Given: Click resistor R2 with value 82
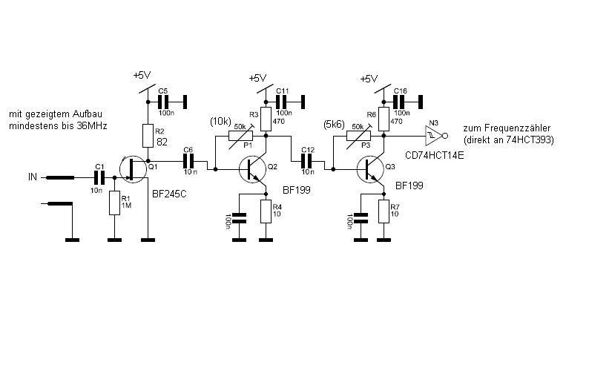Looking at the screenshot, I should coord(148,135).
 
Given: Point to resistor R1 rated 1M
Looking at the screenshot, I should coord(114,203).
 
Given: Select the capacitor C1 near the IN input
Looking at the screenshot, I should coord(99,177).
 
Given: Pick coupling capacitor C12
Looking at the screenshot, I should coord(306,160).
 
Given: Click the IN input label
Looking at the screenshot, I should coord(32,177).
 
